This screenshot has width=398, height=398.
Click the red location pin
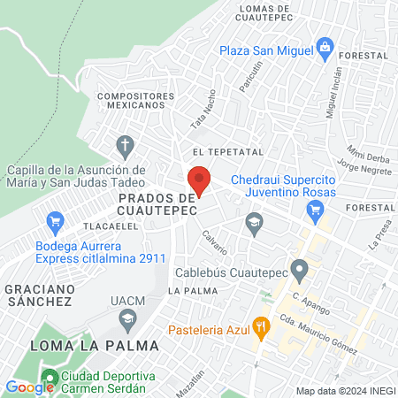tap(200, 180)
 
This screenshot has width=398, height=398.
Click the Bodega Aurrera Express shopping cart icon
tap(56, 221)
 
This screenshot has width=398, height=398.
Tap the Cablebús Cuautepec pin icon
tap(299, 269)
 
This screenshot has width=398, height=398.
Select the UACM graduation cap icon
tap(129, 317)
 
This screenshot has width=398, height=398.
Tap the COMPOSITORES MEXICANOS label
tap(132, 99)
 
